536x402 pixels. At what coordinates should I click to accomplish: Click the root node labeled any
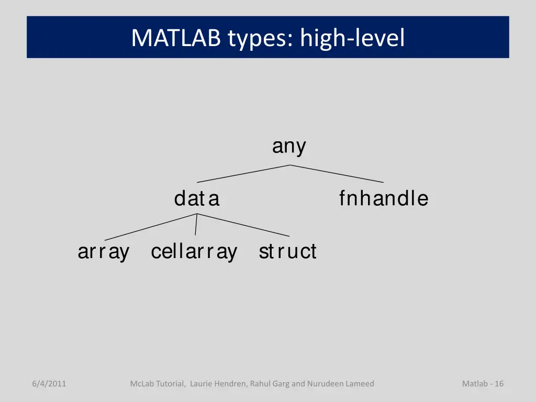(289, 147)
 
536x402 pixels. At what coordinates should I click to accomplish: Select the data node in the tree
(197, 199)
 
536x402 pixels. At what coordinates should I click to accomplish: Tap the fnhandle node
(383, 199)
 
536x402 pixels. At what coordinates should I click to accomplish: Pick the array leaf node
(104, 252)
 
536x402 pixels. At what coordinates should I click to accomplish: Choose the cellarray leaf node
(194, 252)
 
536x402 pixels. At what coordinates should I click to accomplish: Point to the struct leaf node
(287, 252)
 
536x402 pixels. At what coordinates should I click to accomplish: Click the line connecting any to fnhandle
(337, 174)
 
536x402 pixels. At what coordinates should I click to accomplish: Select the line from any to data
(243, 174)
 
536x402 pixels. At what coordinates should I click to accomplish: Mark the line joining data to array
(151, 227)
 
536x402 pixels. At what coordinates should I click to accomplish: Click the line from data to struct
(243, 226)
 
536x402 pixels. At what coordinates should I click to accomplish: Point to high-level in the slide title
(353, 38)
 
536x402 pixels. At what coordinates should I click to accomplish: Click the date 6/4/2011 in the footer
(49, 384)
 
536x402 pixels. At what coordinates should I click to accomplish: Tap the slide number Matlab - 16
(483, 384)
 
